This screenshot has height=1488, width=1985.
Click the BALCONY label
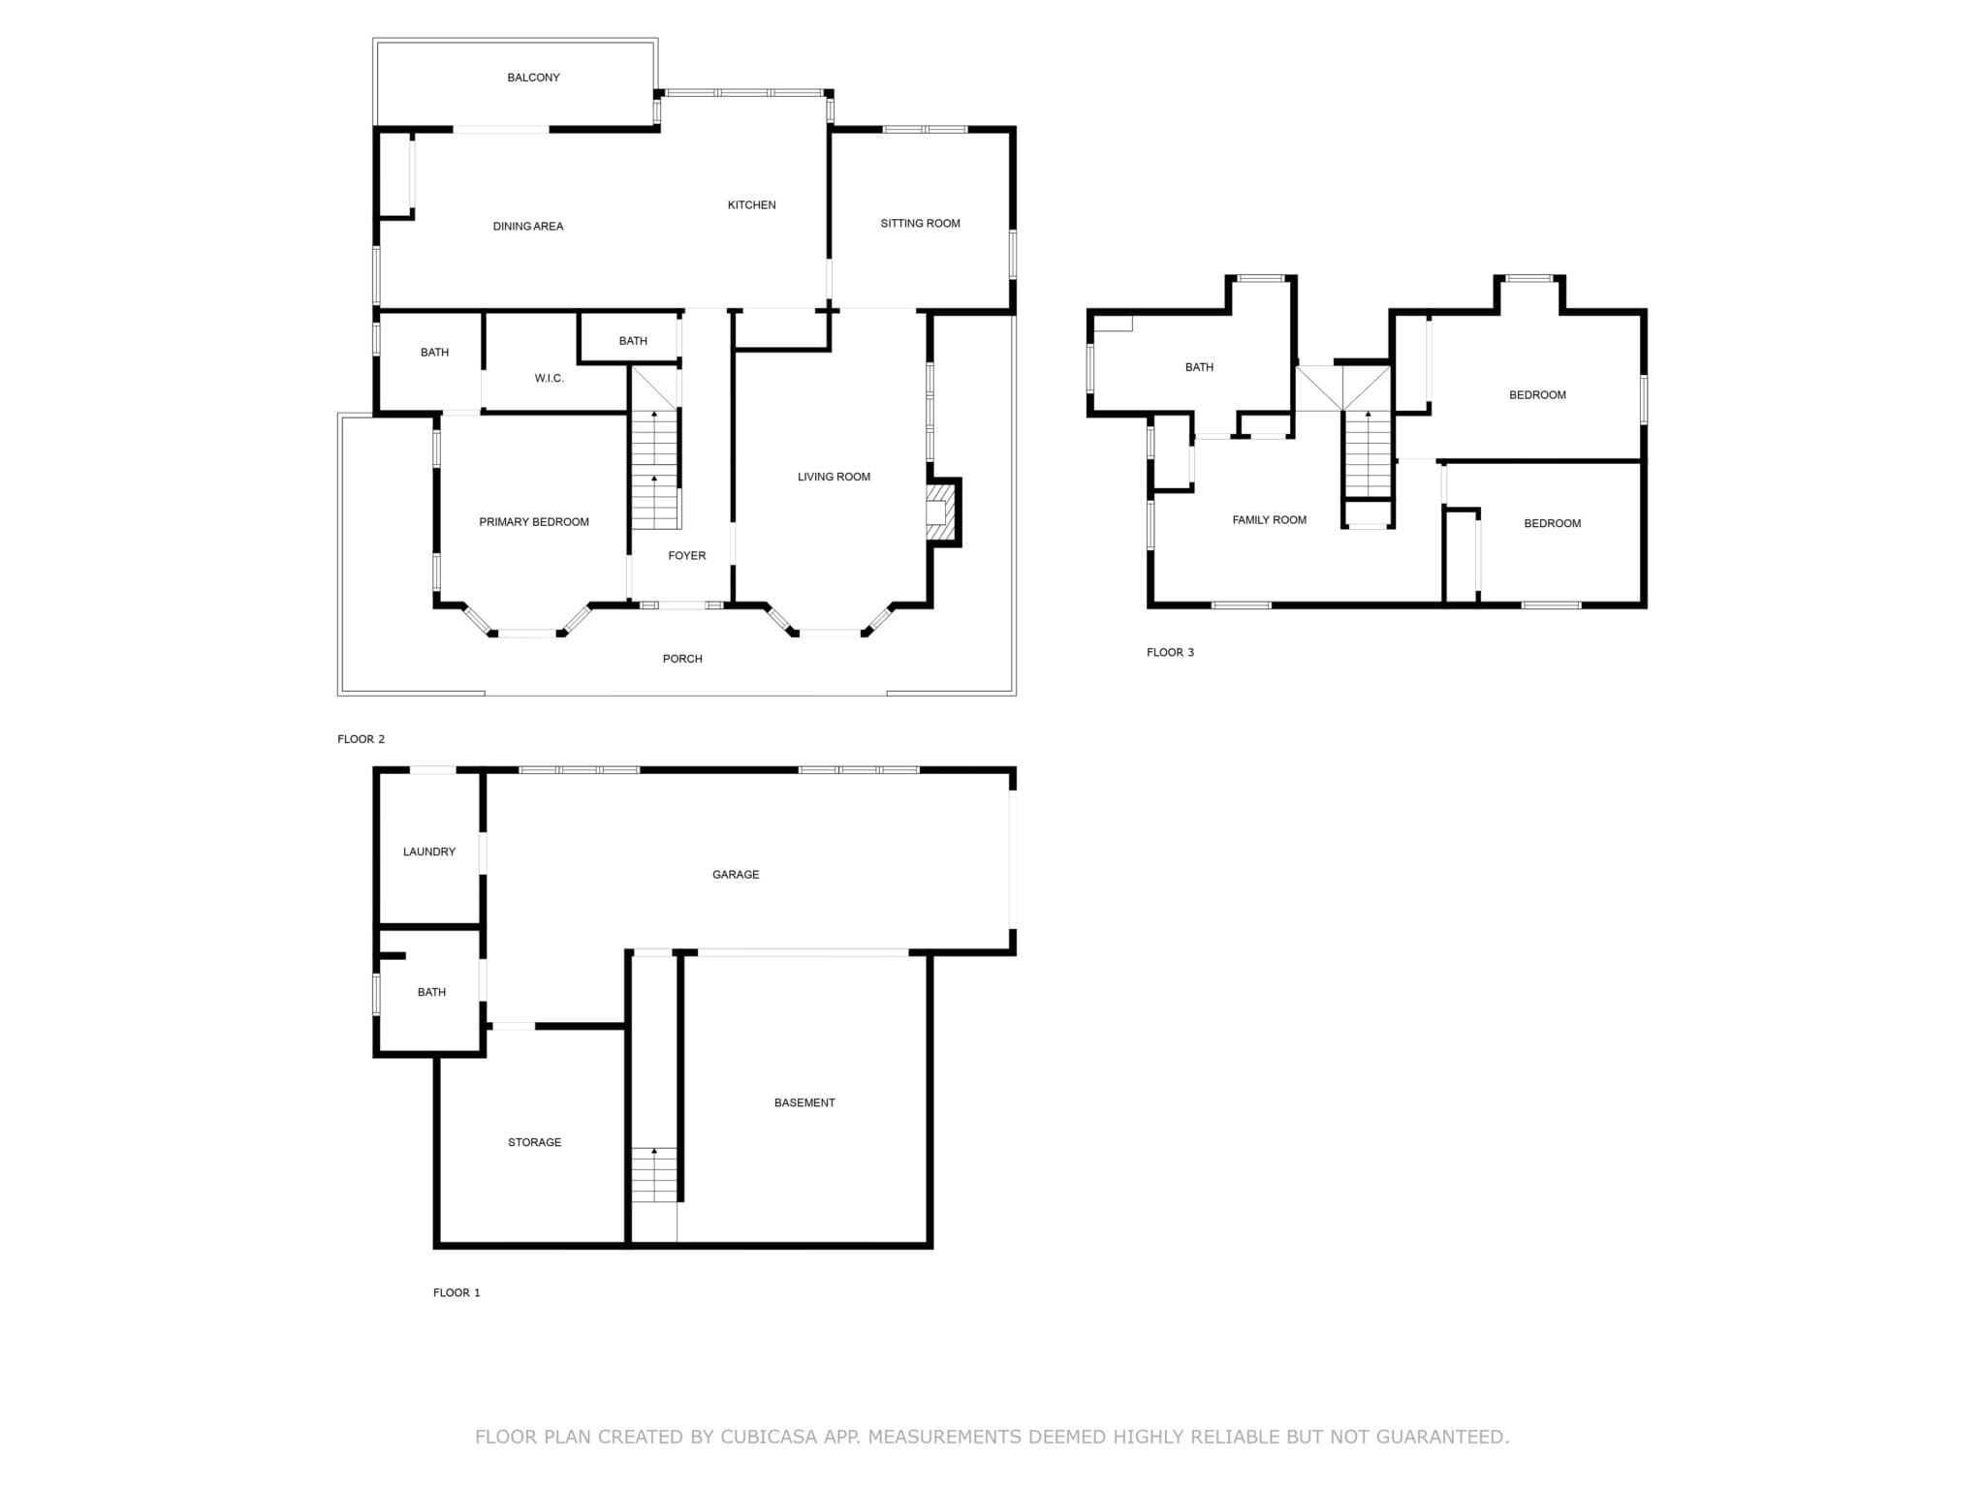pos(533,77)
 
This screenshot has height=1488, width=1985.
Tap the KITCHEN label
pos(751,205)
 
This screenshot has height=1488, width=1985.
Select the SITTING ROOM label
pos(920,224)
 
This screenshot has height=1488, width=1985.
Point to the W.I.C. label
pos(549,379)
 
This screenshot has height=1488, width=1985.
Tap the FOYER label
pos(687,556)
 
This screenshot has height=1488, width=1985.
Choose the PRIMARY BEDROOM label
pos(534,522)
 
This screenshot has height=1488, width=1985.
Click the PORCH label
pos(682,659)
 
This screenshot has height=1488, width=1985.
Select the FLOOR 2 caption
pos(361,739)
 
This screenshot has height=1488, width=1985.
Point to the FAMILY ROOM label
pos(1269,520)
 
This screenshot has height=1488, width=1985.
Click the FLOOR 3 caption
pos(1170,652)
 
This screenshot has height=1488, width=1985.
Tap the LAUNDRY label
pos(429,852)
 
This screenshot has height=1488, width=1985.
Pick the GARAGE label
pos(736,875)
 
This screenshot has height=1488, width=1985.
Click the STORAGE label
pos(534,1143)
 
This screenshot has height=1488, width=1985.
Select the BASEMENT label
pos(804,1103)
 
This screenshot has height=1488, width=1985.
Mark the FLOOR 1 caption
pos(457,1292)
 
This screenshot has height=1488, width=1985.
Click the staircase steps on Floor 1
pos(655,1175)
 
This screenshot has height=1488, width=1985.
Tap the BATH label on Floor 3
pos(1199,368)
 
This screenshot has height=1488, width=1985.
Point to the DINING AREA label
pos(528,227)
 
